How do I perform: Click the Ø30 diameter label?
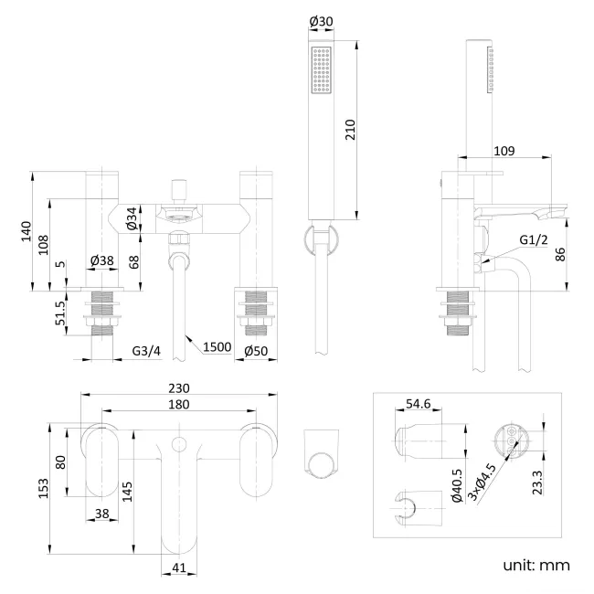coord(321,21)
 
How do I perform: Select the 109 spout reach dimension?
coord(504,151)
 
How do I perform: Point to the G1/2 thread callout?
coord(533,239)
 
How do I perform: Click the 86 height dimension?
coord(561,254)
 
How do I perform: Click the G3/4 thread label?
coord(147,350)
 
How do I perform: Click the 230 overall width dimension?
coord(179,387)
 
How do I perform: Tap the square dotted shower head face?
coord(321,69)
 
